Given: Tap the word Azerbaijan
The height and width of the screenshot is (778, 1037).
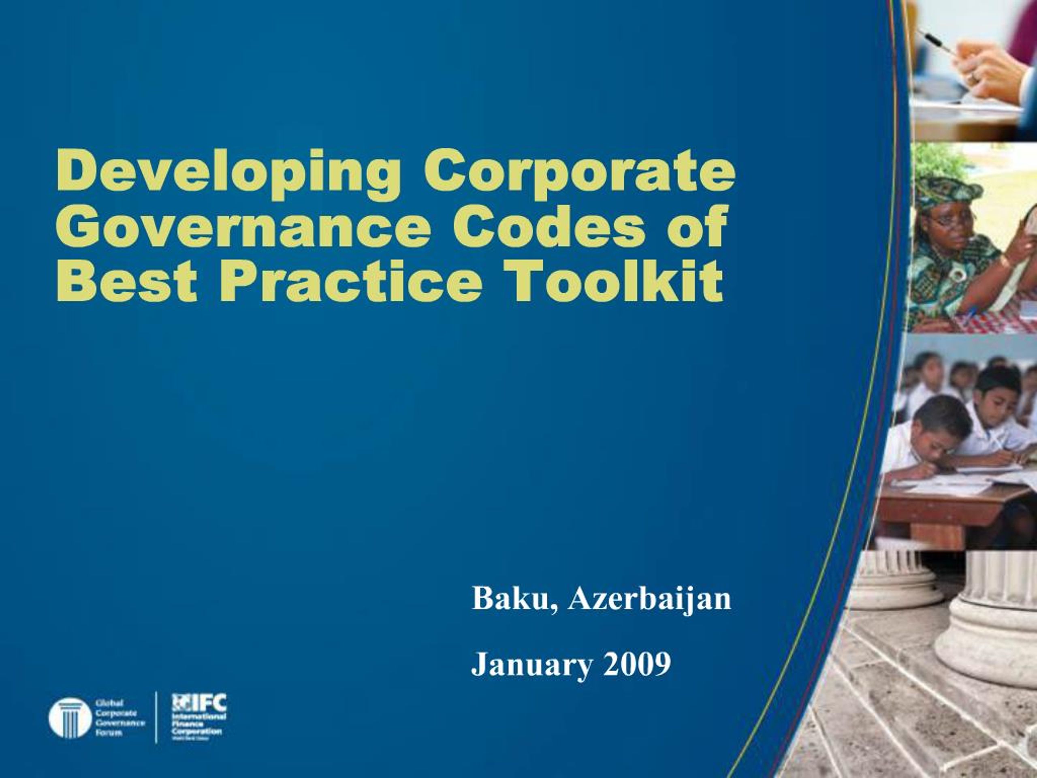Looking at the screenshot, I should tap(649, 599).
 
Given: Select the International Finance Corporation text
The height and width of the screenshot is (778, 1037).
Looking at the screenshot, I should tap(199, 725).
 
